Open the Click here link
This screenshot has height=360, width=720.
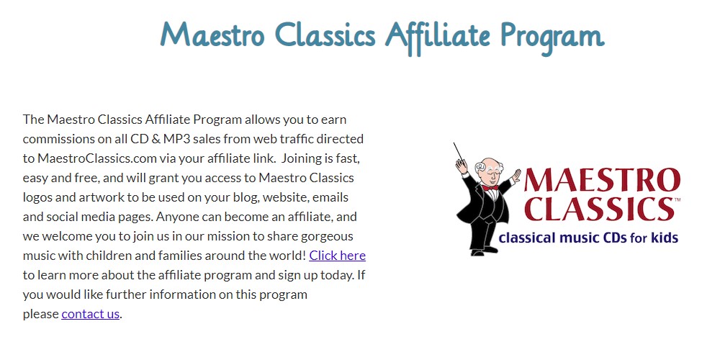click(x=338, y=256)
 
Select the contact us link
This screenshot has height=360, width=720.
click(x=91, y=314)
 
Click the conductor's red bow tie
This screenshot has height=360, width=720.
click(x=490, y=187)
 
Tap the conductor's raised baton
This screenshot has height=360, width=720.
click(x=458, y=150)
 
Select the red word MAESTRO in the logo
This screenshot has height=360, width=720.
click(x=601, y=181)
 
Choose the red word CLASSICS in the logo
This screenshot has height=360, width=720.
click(x=599, y=209)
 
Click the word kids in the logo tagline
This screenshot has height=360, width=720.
click(x=665, y=238)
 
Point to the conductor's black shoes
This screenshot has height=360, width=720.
click(x=484, y=251)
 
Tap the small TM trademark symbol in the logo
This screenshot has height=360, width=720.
click(x=678, y=199)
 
